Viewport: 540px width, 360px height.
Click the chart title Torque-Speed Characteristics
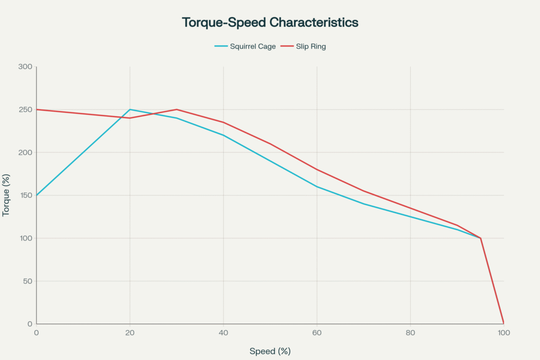pyautogui.click(x=270, y=23)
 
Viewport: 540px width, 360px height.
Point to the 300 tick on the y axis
pyautogui.click(x=26, y=67)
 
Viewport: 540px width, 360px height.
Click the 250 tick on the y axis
pyautogui.click(x=26, y=110)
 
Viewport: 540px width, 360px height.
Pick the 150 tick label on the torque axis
pyautogui.click(x=26, y=196)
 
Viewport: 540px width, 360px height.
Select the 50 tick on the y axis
pyautogui.click(x=27, y=281)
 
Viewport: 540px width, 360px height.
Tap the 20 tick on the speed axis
pyautogui.click(x=130, y=333)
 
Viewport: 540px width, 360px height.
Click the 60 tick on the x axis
pyautogui.click(x=317, y=333)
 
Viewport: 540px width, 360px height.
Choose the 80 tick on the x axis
pyautogui.click(x=410, y=333)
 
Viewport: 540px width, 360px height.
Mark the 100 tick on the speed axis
pyautogui.click(x=504, y=333)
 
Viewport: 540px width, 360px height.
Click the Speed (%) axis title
pyautogui.click(x=270, y=351)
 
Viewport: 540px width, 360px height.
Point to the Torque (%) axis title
pyautogui.click(x=7, y=195)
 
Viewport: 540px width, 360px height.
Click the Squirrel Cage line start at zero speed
pyautogui.click(x=36, y=196)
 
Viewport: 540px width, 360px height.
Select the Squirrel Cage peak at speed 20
pyautogui.click(x=130, y=110)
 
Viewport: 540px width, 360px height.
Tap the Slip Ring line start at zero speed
pyautogui.click(x=36, y=110)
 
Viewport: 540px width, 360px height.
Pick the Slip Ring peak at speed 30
pyautogui.click(x=177, y=110)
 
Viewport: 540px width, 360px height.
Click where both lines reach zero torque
pyautogui.click(x=504, y=323)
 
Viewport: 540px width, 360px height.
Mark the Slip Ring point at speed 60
pyautogui.click(x=317, y=170)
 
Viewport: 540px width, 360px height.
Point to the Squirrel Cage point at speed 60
pyautogui.click(x=317, y=187)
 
